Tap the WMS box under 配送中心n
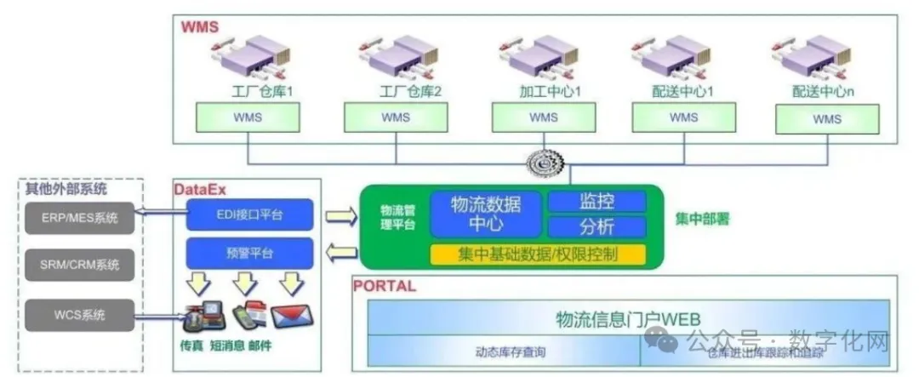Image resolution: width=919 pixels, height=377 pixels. [x=826, y=119]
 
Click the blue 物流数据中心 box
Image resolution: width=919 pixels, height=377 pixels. [x=485, y=213]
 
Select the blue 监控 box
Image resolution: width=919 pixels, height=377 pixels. [x=596, y=202]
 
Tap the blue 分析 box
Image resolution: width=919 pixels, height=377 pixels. [x=596, y=227]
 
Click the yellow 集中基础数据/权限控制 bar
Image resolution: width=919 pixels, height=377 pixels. [x=538, y=254]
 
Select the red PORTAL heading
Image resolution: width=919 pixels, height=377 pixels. [x=384, y=286]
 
